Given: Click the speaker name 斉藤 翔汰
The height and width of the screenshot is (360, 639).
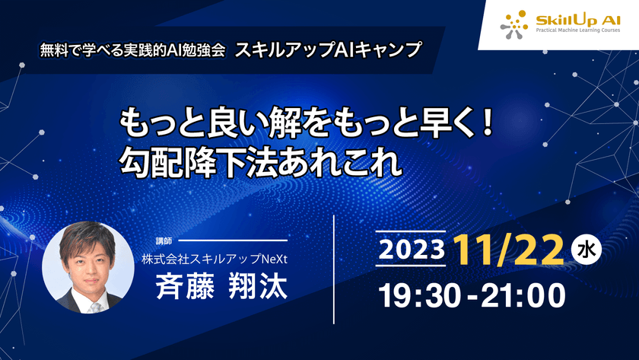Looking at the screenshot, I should click(x=221, y=288).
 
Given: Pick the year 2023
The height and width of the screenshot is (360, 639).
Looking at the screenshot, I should click(x=411, y=250).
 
